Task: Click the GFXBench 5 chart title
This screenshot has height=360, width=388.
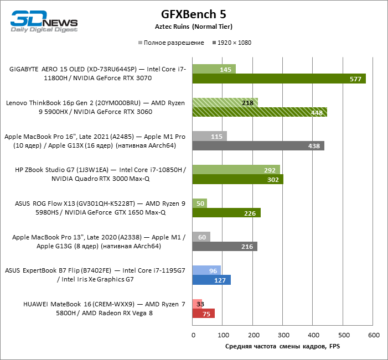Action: pyautogui.click(x=194, y=13)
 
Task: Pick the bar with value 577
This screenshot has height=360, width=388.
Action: pyautogui.click(x=279, y=79)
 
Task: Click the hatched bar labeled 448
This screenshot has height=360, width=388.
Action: pyautogui.click(x=260, y=112)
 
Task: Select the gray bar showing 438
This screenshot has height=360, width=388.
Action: pyautogui.click(x=258, y=145)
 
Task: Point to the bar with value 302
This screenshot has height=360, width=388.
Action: pyautogui.click(x=237, y=179)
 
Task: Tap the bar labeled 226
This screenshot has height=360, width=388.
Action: pyautogui.click(x=226, y=213)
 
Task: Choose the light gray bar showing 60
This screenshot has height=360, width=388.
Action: pyautogui.click(x=201, y=237)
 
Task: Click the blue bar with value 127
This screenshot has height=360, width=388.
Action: pyautogui.click(x=211, y=280)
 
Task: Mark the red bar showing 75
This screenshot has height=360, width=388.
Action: pyautogui.click(x=203, y=314)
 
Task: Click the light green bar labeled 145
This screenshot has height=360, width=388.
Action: pyautogui.click(x=214, y=70)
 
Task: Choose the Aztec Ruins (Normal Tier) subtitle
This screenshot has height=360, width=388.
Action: pyautogui.click(x=194, y=27)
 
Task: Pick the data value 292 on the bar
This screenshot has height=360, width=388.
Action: pyautogui.click(x=270, y=170)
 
